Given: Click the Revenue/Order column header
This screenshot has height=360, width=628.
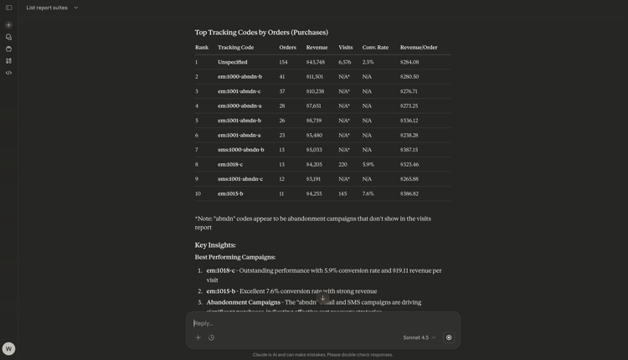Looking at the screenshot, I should [x=419, y=48].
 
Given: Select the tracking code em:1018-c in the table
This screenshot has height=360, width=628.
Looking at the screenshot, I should [x=230, y=165].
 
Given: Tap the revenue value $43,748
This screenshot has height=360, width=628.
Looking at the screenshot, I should [x=315, y=62].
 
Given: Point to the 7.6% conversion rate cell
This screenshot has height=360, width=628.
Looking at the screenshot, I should [x=368, y=194].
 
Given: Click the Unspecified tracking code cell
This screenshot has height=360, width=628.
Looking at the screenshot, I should [x=233, y=62].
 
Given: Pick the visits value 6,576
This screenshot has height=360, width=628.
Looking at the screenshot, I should [x=345, y=62].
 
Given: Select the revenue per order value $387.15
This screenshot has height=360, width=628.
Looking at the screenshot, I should [x=409, y=150].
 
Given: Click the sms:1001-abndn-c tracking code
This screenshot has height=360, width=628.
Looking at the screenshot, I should [x=240, y=179].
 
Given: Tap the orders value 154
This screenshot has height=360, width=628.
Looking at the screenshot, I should [x=283, y=62].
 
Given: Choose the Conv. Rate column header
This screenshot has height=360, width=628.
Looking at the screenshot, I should [x=375, y=48].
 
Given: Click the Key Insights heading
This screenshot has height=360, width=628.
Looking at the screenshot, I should [x=215, y=245].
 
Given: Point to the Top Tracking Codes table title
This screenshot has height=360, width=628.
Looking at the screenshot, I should [x=261, y=33].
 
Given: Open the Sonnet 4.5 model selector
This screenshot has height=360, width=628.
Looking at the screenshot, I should [x=419, y=338].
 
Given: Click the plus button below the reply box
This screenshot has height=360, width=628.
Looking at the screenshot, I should [x=198, y=338].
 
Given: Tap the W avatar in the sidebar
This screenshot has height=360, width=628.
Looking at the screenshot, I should [x=8, y=348].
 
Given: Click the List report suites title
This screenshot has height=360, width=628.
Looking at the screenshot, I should [x=47, y=8].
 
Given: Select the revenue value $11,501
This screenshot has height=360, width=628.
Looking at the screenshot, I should [x=315, y=77].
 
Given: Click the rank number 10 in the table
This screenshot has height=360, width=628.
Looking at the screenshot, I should [x=198, y=194].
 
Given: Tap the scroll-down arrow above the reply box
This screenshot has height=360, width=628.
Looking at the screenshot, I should [x=323, y=299].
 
